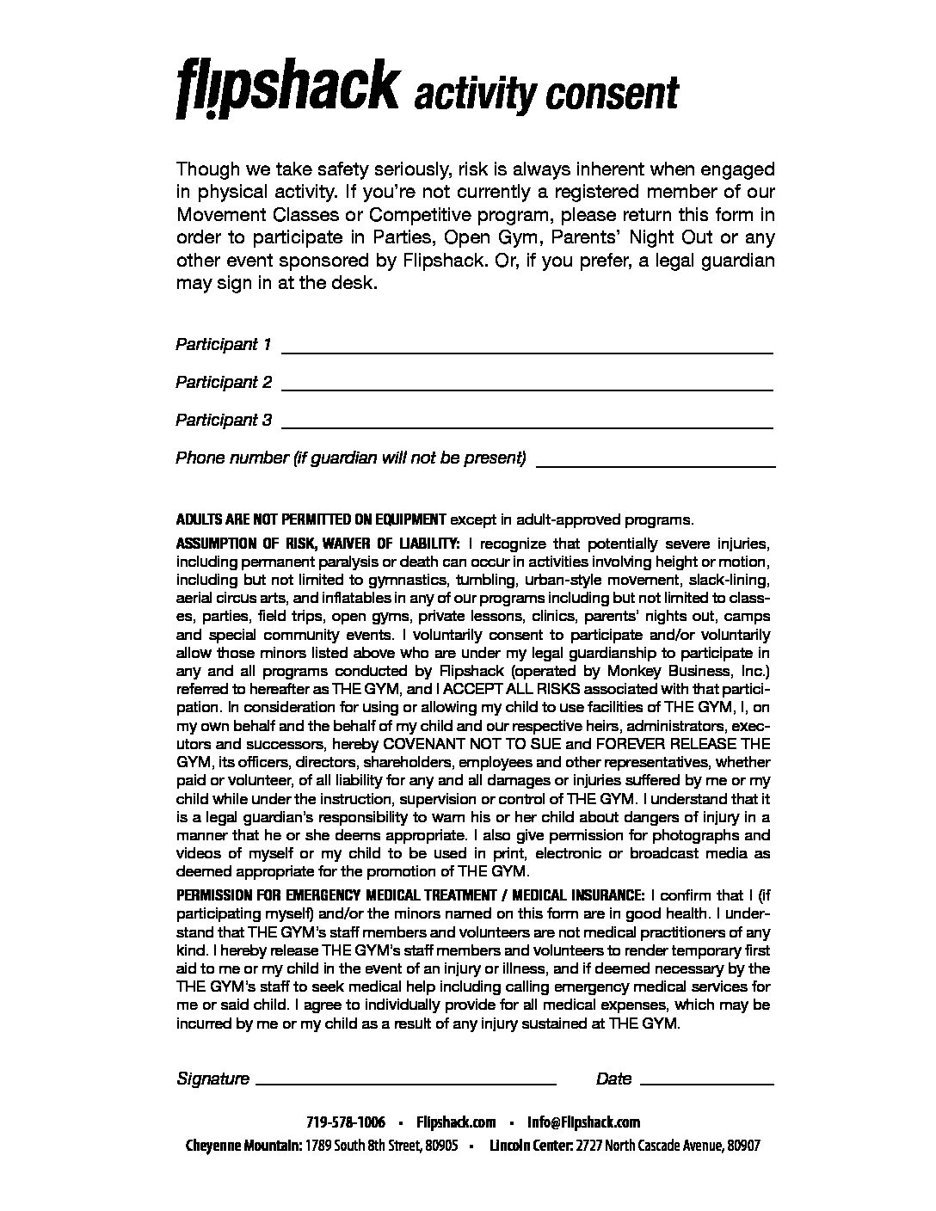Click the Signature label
pos(212,1079)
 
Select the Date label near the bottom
pos(613,1079)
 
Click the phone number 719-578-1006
pos(346,1122)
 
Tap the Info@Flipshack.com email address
pos(584,1122)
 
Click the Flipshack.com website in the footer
pos(456,1122)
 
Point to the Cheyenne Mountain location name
pos(243,1146)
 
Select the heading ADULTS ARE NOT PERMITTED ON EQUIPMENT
pos(311,519)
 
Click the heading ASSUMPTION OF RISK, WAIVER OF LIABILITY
pos(318,544)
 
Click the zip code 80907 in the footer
pos(742,1146)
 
